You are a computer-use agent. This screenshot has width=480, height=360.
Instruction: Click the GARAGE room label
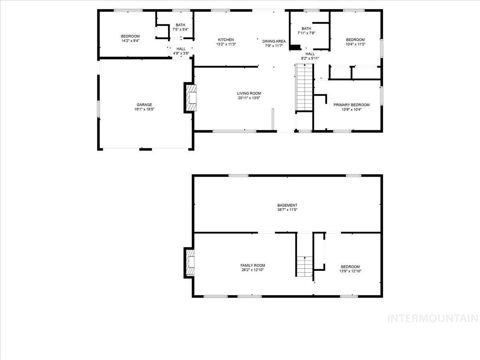(x=144, y=105)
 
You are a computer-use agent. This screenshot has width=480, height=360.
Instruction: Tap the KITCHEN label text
(x=226, y=40)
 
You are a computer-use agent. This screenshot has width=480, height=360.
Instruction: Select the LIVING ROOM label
(x=249, y=93)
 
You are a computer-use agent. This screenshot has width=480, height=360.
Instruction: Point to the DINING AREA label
(x=274, y=41)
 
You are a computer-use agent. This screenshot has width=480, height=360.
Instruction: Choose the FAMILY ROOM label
(x=252, y=265)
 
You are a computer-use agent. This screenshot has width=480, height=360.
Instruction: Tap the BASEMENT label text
(x=288, y=205)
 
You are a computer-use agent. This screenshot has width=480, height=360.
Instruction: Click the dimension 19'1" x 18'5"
(x=144, y=109)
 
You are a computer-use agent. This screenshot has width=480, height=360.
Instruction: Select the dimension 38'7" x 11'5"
(x=288, y=210)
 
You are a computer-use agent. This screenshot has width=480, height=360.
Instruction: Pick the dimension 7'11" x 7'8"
(x=306, y=33)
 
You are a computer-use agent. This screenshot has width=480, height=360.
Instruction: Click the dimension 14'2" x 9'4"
(x=130, y=41)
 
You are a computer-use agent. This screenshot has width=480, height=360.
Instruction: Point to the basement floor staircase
(x=304, y=266)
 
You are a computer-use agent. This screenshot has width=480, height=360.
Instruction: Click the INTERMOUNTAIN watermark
(x=433, y=318)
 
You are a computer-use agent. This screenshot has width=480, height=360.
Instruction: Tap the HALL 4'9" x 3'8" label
(x=181, y=51)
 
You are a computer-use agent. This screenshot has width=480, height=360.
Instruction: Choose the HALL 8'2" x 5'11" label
(x=310, y=56)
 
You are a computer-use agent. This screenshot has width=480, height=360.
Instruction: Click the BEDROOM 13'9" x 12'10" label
(x=350, y=269)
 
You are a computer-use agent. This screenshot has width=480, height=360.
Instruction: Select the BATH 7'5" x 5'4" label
(x=180, y=27)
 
